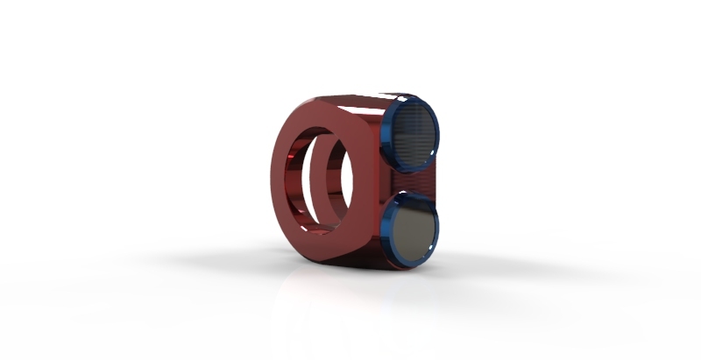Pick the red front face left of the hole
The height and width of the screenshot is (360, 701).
click(281, 175)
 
